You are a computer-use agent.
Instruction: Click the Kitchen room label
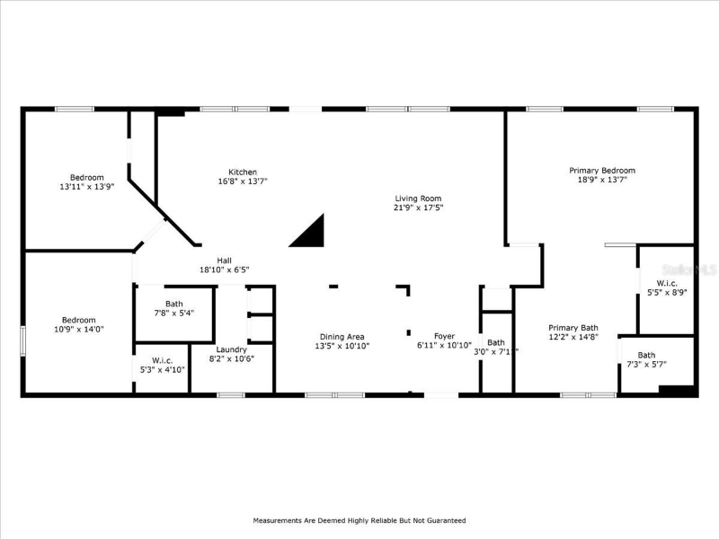(243, 172)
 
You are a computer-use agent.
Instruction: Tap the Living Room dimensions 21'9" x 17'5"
(419, 208)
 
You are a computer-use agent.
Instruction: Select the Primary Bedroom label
(602, 170)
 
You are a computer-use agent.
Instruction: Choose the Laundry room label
(232, 349)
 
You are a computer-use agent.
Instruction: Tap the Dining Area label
(342, 337)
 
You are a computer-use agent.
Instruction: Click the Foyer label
(445, 336)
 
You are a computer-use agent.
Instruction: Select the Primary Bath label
(573, 328)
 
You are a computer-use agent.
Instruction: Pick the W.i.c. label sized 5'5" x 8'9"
(666, 283)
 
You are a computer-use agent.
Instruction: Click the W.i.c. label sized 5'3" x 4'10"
(162, 360)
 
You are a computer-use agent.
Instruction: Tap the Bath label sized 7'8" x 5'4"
(173, 304)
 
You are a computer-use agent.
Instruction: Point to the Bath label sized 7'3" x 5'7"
(646, 355)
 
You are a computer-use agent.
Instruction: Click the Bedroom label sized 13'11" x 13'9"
(87, 177)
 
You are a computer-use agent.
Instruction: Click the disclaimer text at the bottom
(359, 520)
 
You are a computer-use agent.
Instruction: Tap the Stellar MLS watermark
(688, 268)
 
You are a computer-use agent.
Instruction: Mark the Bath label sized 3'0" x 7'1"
(496, 342)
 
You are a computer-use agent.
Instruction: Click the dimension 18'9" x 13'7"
(602, 180)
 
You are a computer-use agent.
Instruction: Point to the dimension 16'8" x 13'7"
(243, 181)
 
